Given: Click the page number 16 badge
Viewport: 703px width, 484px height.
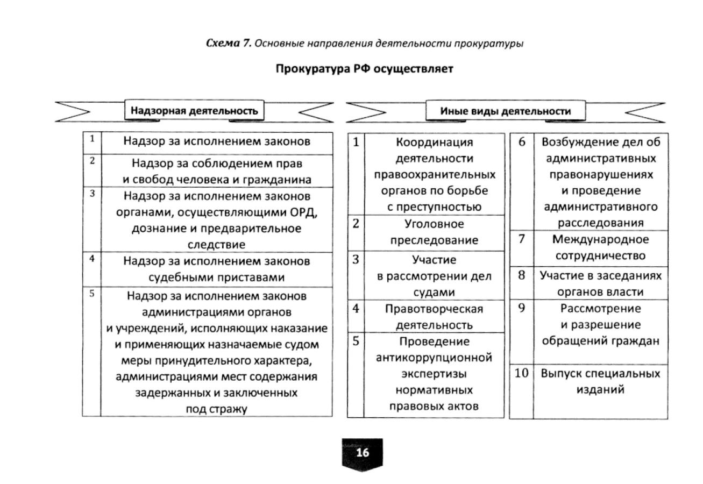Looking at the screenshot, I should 363,453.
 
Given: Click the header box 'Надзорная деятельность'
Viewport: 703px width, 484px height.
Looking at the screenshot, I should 194,111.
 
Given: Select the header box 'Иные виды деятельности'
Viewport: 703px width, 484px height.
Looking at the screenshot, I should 505,111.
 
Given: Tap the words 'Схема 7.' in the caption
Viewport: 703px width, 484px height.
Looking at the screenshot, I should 229,44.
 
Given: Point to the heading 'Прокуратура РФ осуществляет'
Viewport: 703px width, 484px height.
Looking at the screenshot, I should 364,69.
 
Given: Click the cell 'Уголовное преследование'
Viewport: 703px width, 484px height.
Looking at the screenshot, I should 434,232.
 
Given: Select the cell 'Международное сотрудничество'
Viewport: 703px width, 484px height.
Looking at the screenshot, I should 600,247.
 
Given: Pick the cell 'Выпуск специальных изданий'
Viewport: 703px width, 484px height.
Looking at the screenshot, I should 600,381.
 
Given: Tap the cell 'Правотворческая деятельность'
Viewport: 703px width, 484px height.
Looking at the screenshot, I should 434,317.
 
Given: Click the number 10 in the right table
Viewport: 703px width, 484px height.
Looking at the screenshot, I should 521,373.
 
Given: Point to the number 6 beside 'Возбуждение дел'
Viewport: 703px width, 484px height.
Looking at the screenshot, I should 521,142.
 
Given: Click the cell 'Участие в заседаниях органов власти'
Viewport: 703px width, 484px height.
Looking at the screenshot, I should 600,283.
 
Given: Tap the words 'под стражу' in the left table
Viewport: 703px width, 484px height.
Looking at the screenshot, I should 216,409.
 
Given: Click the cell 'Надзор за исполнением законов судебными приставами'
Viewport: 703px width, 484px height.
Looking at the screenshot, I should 216,269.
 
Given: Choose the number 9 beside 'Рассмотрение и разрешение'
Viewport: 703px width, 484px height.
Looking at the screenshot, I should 521,308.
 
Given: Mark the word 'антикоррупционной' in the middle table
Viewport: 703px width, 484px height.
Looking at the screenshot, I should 434,358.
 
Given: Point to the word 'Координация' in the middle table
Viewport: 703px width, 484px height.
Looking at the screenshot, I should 434,143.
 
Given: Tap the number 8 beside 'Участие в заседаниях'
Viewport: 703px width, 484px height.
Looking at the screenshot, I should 521,275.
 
